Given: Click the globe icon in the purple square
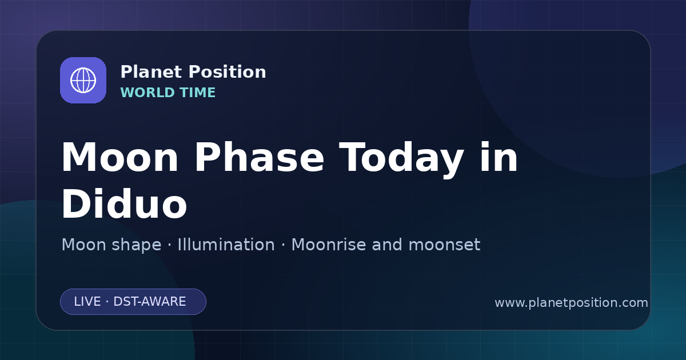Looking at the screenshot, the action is pyautogui.click(x=83, y=80).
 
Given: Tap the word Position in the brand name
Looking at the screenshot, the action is pyautogui.click(x=228, y=72).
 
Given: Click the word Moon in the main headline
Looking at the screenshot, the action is pyautogui.click(x=119, y=158).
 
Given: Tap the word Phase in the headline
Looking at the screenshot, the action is pyautogui.click(x=259, y=158).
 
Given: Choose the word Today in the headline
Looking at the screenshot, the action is pyautogui.click(x=401, y=159).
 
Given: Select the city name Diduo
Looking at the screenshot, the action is pyautogui.click(x=125, y=203).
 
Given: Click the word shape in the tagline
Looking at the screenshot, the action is pyautogui.click(x=136, y=246).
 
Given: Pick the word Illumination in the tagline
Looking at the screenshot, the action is pyautogui.click(x=226, y=245).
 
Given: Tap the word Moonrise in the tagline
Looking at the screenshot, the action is pyautogui.click(x=332, y=245).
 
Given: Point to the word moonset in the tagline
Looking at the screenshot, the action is pyautogui.click(x=444, y=245).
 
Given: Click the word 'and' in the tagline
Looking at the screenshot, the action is pyautogui.click(x=387, y=245).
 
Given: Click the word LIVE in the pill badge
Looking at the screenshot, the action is pyautogui.click(x=87, y=302).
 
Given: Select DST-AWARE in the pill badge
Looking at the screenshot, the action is pyautogui.click(x=149, y=302).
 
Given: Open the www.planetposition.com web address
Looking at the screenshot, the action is pyautogui.click(x=571, y=303).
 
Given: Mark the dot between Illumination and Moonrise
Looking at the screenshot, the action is pyautogui.click(x=283, y=245).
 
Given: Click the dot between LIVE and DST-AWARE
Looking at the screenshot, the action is pyautogui.click(x=107, y=302).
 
